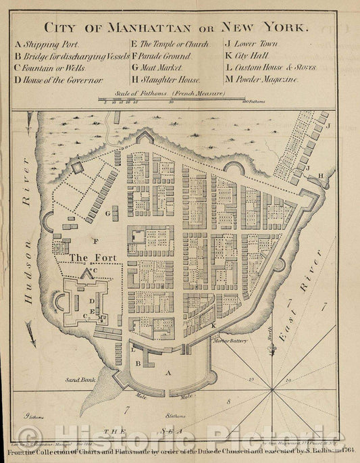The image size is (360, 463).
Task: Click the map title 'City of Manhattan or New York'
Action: coord(176,28)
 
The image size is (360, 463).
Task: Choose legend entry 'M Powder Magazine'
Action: coord(262,80)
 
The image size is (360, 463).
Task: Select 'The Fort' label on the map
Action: coord(88,258)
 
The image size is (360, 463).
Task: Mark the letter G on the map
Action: coord(107,214)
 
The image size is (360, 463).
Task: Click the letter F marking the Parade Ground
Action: coord(96,241)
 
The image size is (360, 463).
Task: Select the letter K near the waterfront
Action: coord(213,326)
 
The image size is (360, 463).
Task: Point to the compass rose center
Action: coord(270,389)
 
